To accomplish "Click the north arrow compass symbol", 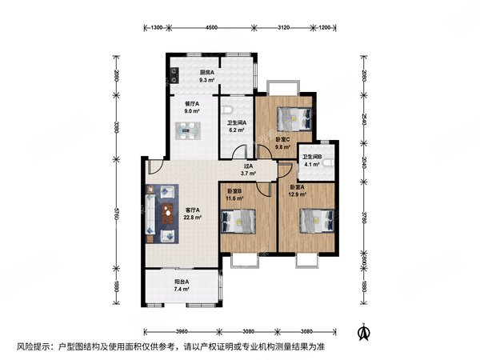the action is (364, 332).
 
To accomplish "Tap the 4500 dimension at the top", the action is (211, 27).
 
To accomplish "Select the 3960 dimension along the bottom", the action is (182, 331).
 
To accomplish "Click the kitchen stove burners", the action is (174, 76).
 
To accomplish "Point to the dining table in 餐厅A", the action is (188, 130).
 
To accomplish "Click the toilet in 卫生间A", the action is (227, 110).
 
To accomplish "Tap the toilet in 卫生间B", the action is (327, 163).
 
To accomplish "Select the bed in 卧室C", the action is (294, 118).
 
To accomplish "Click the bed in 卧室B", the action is (238, 221).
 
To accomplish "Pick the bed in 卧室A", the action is (317, 221).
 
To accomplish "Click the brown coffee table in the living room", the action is (167, 214).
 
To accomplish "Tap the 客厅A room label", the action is (193, 210).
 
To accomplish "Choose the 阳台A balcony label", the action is (182, 282).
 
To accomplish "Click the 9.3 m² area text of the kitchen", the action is (206, 80).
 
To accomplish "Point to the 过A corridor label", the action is (248, 166).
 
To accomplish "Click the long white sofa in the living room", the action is (150, 214).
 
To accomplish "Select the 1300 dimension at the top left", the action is (157, 27).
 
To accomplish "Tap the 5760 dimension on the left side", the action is (116, 213).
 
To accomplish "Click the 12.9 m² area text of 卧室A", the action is (298, 194).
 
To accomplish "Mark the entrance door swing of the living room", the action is (154, 167).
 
